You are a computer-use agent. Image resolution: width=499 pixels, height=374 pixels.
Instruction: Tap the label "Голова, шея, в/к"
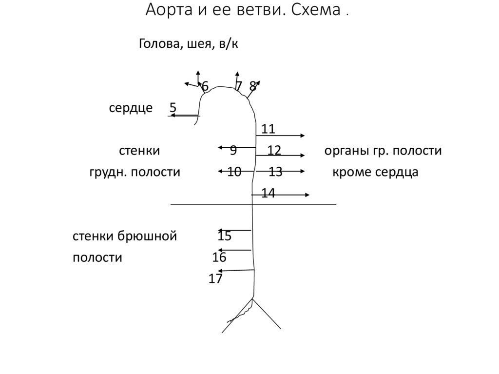189,44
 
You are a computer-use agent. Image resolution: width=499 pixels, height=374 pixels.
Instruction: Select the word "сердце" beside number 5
131,107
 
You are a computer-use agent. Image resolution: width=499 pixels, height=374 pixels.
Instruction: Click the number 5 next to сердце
173,107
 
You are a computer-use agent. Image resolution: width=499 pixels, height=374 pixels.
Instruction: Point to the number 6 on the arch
205,86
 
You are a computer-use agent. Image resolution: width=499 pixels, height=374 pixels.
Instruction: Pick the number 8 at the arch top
252,86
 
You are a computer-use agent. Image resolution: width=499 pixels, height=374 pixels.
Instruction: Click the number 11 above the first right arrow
269,129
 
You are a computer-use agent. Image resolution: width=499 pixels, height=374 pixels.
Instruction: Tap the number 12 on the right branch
274,150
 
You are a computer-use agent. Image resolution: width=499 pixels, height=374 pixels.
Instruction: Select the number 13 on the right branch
275,172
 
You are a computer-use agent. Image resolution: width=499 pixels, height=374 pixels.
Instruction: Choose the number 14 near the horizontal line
269,193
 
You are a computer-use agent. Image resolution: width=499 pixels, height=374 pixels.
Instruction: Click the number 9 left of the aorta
233,150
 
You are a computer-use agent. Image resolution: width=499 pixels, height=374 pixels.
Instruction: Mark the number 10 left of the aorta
234,172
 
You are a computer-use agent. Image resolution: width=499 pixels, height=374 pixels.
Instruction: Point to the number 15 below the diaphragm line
224,236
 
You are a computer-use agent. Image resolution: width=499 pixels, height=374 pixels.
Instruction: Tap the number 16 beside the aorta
219,257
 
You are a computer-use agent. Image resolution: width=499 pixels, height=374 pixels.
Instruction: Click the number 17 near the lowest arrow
215,279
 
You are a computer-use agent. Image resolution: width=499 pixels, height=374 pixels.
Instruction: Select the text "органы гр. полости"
383,151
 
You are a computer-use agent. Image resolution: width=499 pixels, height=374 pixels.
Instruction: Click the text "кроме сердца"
375,172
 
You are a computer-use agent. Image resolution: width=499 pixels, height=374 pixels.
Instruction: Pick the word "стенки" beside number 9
139,151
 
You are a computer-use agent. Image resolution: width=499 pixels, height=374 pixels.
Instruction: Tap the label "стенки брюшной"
125,236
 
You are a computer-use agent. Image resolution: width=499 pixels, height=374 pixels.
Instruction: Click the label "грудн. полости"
134,172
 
